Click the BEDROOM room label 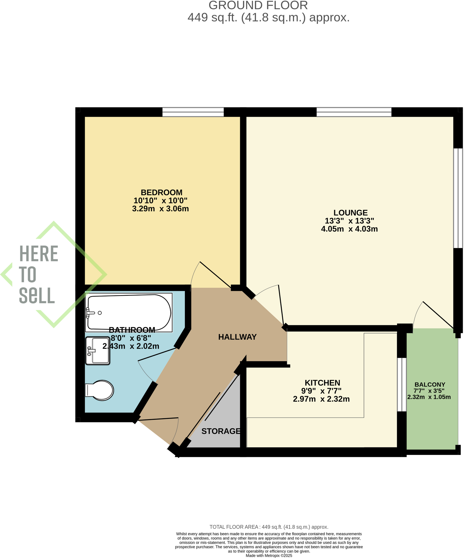[161, 193]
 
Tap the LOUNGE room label [350, 213]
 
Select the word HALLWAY [237, 337]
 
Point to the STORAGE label [221, 431]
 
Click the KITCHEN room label [322, 383]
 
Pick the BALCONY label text [430, 385]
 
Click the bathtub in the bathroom [129, 312]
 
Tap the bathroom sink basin [98, 351]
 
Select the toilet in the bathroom [100, 390]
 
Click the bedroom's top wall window [193, 112]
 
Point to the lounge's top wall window [354, 112]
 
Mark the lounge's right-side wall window [458, 198]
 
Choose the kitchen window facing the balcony [402, 384]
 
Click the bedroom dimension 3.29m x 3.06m [160, 209]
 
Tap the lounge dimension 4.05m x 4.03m [349, 229]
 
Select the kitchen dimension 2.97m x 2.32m [321, 399]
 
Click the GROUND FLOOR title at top [258, 5]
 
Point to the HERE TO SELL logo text [38, 274]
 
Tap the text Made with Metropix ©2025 [269, 556]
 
